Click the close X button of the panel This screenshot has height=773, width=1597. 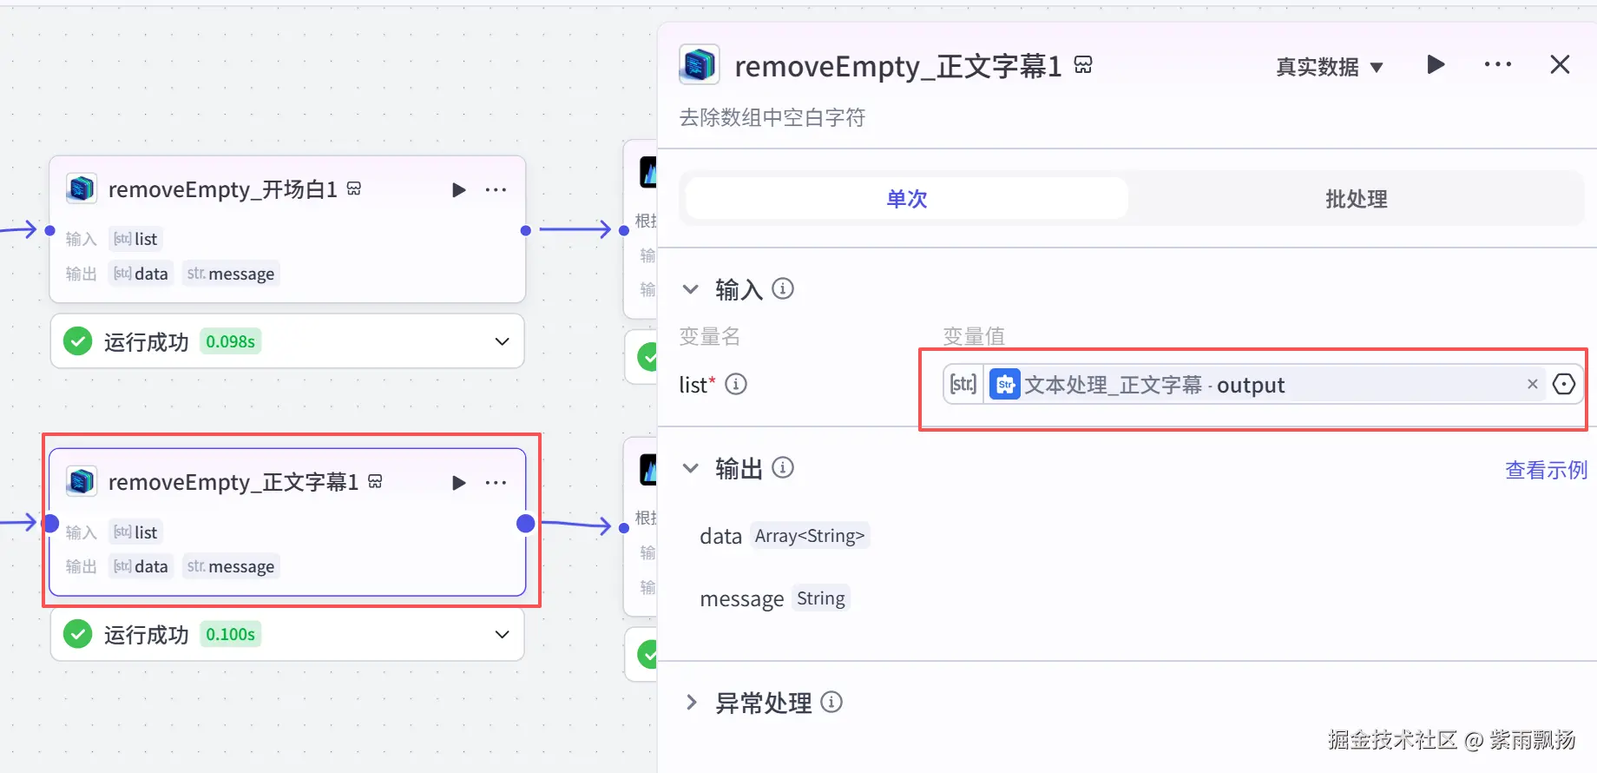(x=1560, y=65)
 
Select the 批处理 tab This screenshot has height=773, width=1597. (x=1356, y=199)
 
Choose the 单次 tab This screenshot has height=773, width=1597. (x=907, y=199)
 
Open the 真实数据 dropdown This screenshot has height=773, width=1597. (x=1329, y=67)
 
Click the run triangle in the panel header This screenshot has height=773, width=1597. (x=1436, y=65)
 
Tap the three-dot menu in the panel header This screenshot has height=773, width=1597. (x=1497, y=65)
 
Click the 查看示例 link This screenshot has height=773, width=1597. (x=1546, y=470)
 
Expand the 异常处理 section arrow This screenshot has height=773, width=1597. (x=692, y=702)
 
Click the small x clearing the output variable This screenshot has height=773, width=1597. (x=1532, y=384)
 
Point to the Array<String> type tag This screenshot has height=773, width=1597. (x=810, y=536)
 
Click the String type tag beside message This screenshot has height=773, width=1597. (x=820, y=598)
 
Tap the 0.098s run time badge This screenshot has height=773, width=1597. (x=230, y=341)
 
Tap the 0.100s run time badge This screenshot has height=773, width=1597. (x=230, y=634)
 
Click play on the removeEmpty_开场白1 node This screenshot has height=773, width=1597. (x=459, y=190)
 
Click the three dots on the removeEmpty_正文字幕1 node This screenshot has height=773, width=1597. (x=496, y=483)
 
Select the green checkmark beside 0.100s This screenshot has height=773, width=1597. (x=78, y=634)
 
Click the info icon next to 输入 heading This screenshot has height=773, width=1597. (x=783, y=288)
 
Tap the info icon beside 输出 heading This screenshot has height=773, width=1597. (x=783, y=468)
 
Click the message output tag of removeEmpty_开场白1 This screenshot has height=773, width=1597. (x=231, y=274)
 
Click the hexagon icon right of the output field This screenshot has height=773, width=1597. (x=1563, y=384)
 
